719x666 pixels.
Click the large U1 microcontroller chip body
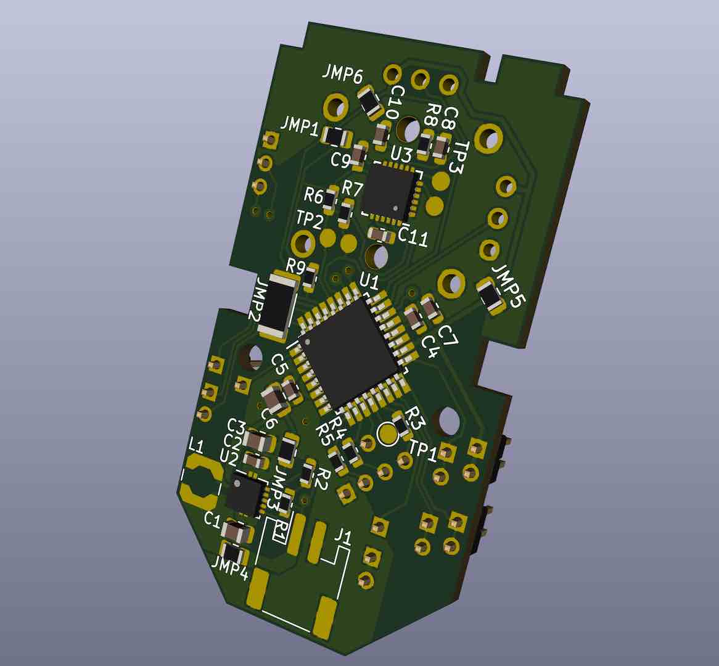(x=348, y=351)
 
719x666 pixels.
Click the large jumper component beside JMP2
(x=278, y=306)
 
